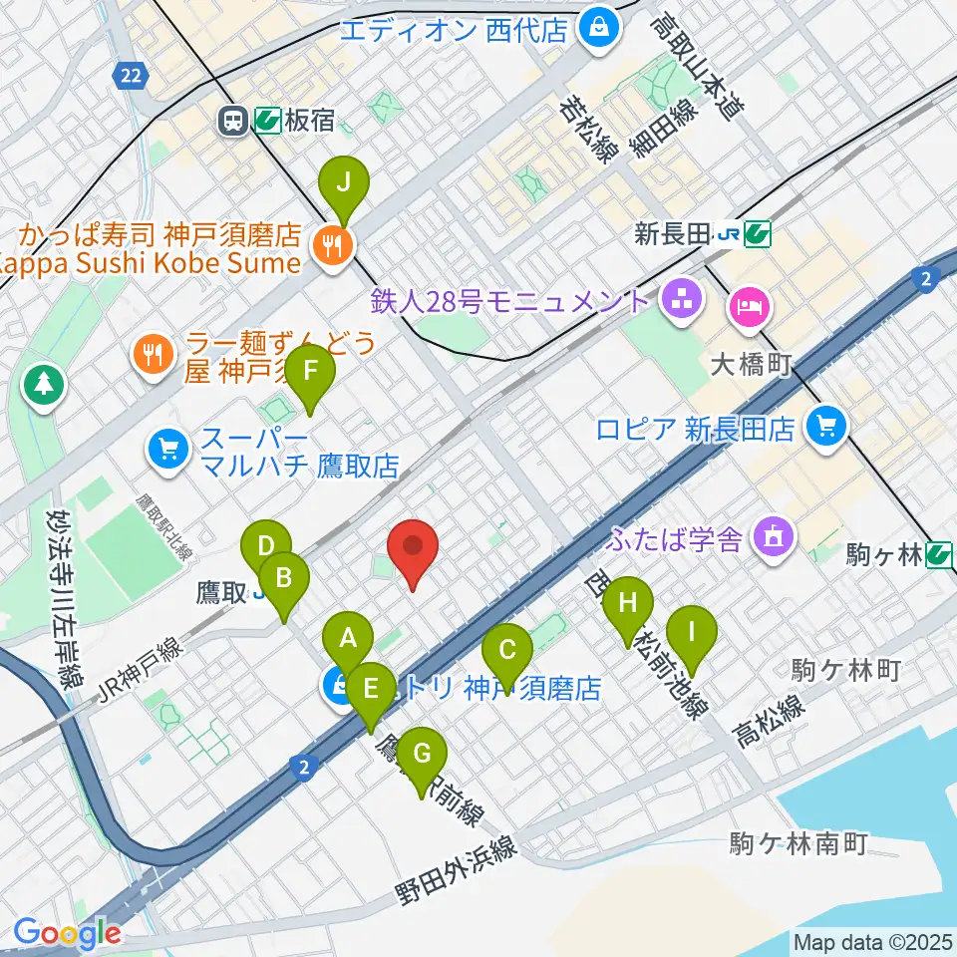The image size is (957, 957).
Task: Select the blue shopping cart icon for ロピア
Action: (825, 428)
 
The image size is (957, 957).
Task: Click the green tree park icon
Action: (44, 384)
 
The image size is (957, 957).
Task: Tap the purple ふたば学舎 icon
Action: (773, 538)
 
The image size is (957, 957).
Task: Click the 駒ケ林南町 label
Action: (797, 844)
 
